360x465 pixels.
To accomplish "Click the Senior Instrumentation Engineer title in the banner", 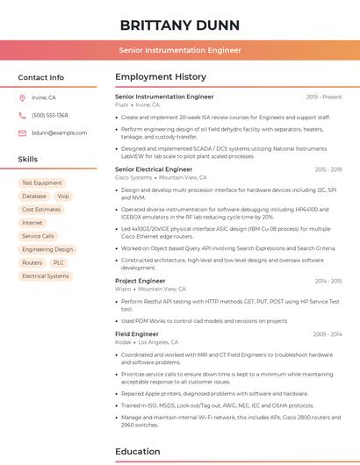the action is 179,50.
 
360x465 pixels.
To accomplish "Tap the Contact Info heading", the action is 41,77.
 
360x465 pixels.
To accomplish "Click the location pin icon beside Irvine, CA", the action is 22,97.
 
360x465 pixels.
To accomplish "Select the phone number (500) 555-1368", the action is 50,115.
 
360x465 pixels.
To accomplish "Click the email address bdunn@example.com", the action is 60,132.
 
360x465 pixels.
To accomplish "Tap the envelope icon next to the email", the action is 22,132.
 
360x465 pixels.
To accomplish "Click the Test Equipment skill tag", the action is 42,183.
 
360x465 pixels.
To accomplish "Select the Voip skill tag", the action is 63,197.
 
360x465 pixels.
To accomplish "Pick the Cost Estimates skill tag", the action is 41,210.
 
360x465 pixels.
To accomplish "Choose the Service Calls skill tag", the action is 38,236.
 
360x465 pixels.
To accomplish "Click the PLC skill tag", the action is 59,262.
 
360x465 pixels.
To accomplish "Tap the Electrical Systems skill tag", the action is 45,275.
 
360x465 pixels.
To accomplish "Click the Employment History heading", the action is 160,77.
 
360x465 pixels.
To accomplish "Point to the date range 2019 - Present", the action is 324,97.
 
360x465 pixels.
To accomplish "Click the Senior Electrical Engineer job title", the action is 154,168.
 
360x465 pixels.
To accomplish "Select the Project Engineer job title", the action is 140,281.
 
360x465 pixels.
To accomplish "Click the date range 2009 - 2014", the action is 327,334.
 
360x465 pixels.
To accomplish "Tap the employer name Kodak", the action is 122,342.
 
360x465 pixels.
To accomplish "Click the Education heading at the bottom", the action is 138,452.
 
